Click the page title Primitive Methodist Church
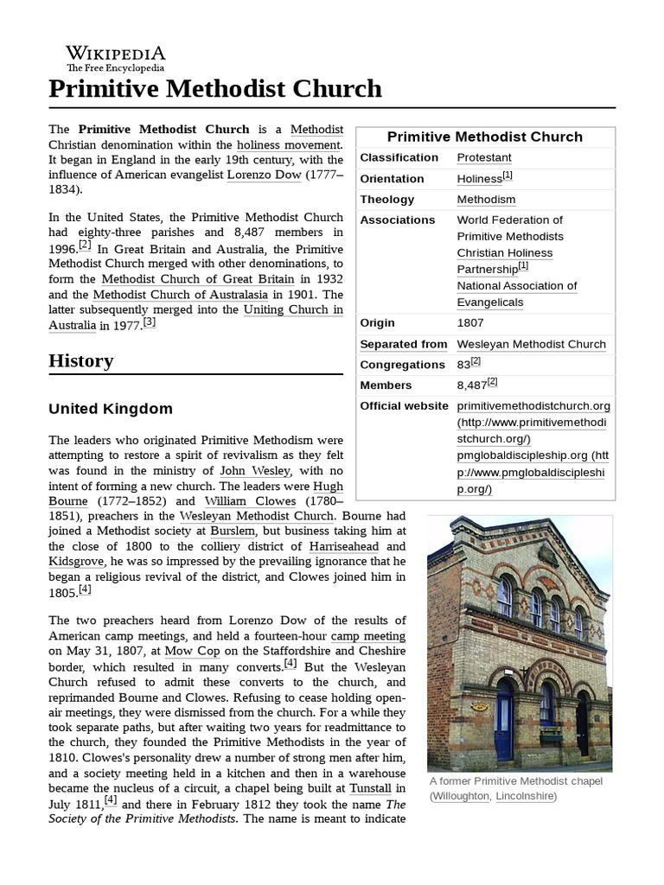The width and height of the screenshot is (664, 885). (x=215, y=88)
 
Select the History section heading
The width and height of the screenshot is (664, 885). (x=81, y=360)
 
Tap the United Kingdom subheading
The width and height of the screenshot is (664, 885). (x=111, y=409)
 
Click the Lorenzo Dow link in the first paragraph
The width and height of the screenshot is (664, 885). (x=264, y=175)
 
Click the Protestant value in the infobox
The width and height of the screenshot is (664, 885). (x=484, y=157)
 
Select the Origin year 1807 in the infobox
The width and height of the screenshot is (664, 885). (x=471, y=323)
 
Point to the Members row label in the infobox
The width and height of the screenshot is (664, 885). (x=386, y=385)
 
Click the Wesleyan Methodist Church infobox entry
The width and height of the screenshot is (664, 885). (x=531, y=344)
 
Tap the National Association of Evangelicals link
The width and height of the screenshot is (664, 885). (x=516, y=294)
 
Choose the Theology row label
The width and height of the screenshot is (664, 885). (x=387, y=199)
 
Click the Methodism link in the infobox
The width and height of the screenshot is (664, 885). (x=486, y=199)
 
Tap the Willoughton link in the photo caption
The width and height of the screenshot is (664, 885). (x=460, y=796)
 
